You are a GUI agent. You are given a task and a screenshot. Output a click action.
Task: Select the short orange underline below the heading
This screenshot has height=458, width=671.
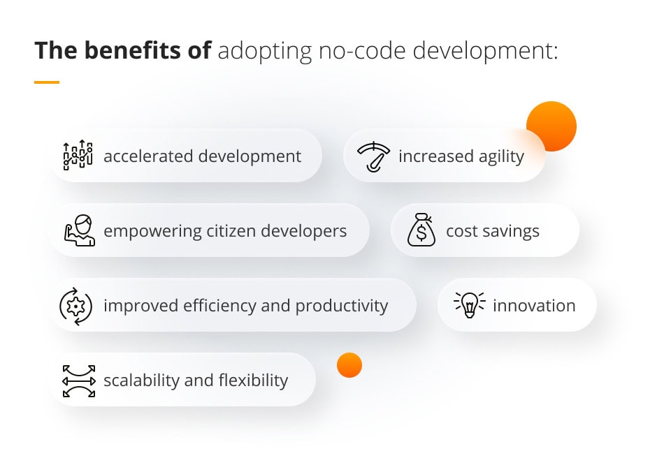pos(47,82)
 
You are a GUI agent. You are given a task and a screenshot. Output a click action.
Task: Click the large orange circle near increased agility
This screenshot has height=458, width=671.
pos(551,126)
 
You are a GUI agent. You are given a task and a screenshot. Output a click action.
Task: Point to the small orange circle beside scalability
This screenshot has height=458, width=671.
pos(349,365)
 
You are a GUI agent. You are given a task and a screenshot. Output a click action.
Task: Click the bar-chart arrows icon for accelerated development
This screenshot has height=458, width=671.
pos(78,155)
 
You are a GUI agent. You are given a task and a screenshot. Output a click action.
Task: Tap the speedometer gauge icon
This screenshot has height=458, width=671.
pos(374,156)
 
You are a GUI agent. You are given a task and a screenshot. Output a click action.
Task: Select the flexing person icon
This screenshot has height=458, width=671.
pos(78,230)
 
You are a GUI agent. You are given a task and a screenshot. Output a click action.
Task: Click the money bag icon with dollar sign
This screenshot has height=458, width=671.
pos(421,230)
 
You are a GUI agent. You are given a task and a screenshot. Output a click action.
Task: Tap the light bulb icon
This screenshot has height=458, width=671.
pos(469,305)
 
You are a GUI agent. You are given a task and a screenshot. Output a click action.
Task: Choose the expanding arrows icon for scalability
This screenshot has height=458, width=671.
pos(78,381)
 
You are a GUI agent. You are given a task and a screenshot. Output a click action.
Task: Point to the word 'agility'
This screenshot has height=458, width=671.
pos(500,156)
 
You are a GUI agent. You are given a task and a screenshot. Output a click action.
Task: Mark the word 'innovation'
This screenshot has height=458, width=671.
pos(534,306)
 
